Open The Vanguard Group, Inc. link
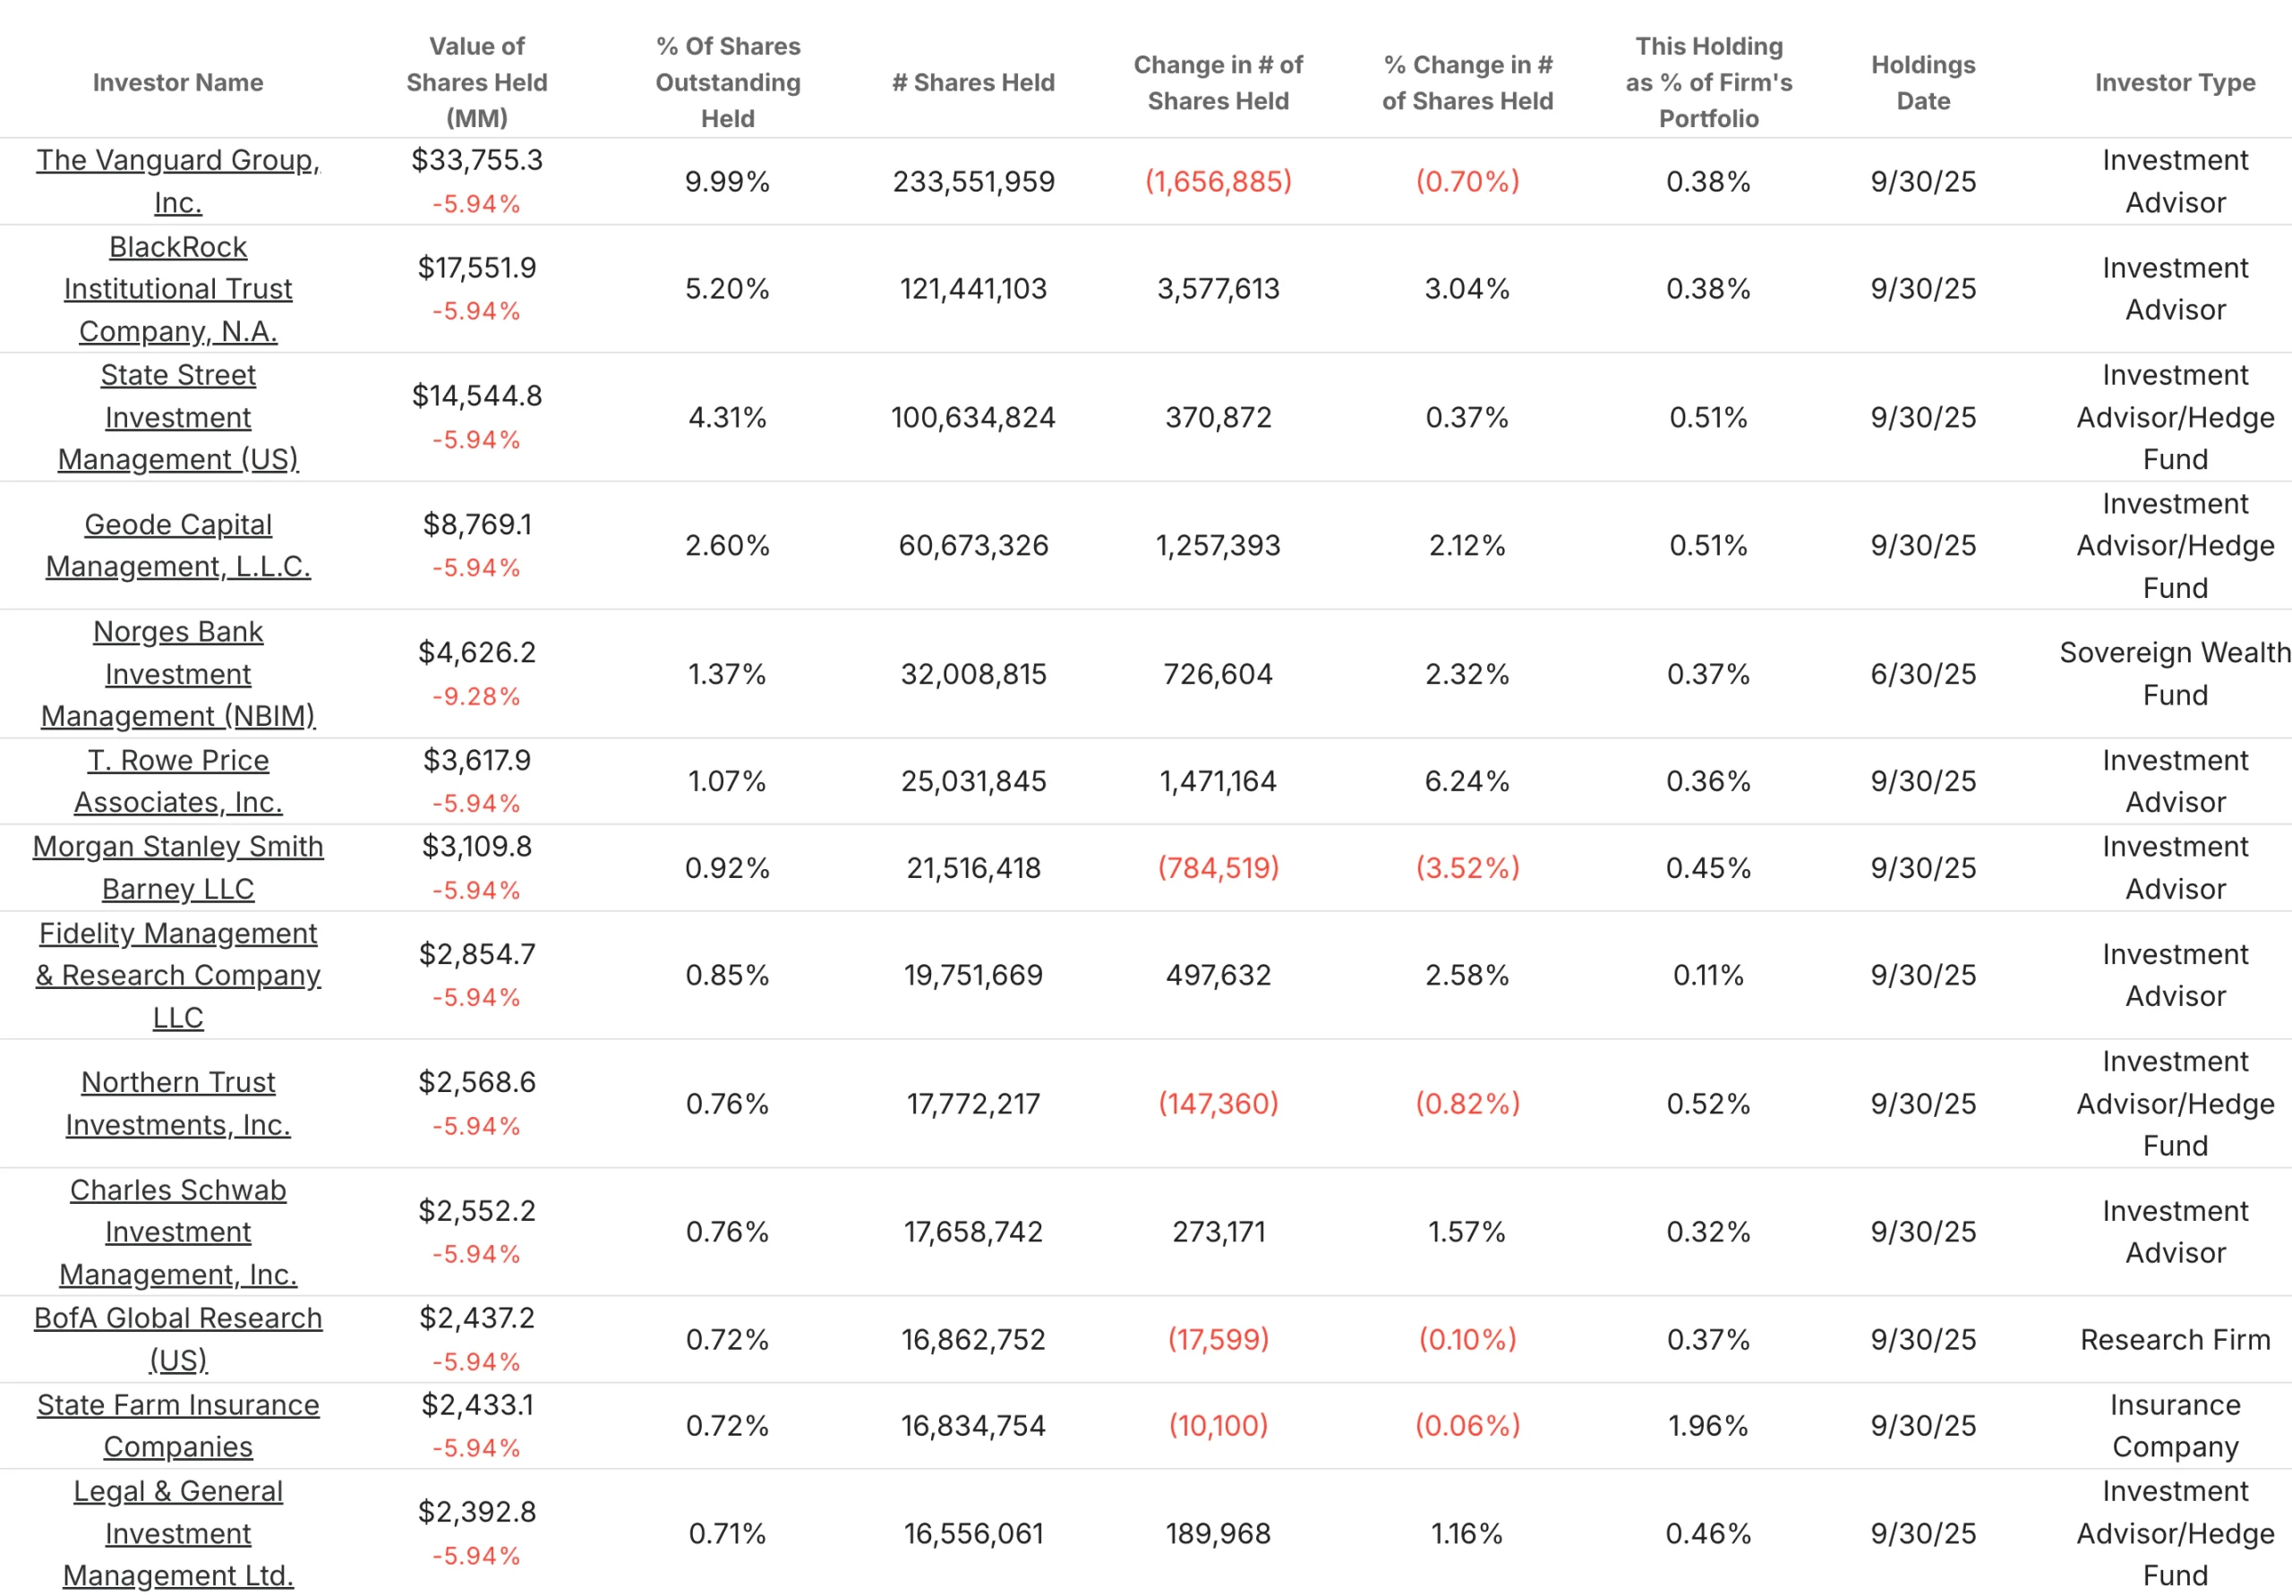pyautogui.click(x=177, y=161)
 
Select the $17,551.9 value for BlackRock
pyautogui.click(x=476, y=268)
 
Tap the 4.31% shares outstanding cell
pyautogui.click(x=727, y=417)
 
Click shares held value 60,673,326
pyautogui.click(x=972, y=545)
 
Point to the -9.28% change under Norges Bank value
pyautogui.click(x=476, y=696)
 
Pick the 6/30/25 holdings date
pyautogui.click(x=1922, y=674)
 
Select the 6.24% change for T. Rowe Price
pyautogui.click(x=1467, y=780)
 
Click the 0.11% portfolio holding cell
pyautogui.click(x=1708, y=974)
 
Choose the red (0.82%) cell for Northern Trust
pyautogui.click(x=1467, y=1103)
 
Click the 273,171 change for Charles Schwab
pyautogui.click(x=1218, y=1232)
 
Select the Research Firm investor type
pyautogui.click(x=2174, y=1340)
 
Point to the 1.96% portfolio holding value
pyautogui.click(x=1708, y=1425)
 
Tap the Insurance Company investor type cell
pyautogui.click(x=2174, y=1425)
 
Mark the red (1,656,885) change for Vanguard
pyautogui.click(x=1218, y=182)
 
